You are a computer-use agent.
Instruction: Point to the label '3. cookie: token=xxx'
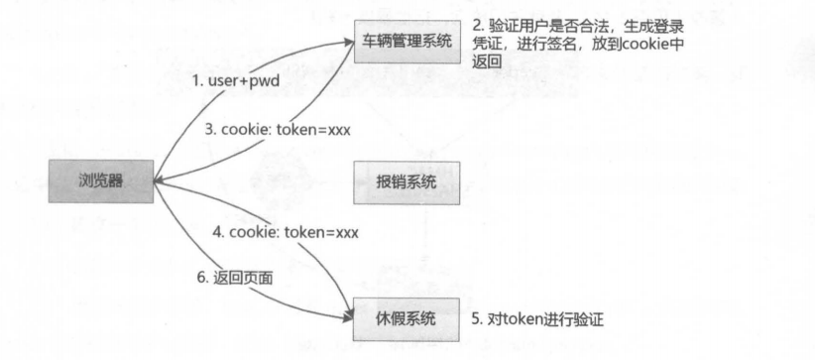pos(280,130)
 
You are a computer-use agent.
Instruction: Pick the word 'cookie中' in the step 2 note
pos(655,45)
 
